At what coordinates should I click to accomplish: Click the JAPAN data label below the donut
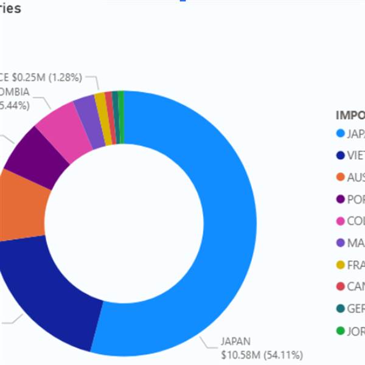235,342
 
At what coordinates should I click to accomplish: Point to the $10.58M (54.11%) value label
262,355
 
